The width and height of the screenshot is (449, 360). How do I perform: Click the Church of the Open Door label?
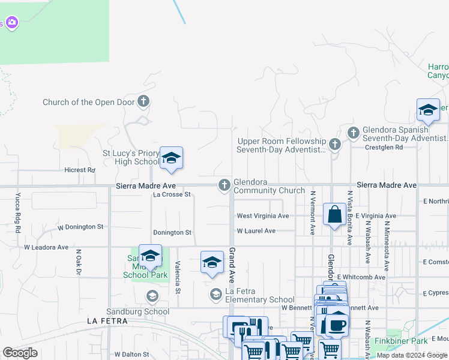tap(88, 102)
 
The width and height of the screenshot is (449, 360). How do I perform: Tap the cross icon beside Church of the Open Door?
tap(143, 101)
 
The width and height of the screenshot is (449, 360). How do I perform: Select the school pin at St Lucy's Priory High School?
tap(171, 158)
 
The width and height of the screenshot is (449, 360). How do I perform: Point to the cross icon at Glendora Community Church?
tap(224, 185)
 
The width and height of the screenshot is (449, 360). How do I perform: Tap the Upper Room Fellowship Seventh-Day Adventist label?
tap(281, 145)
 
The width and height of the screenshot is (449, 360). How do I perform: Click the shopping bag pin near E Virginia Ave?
tap(334, 214)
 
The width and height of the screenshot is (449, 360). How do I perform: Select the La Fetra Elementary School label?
tap(259, 299)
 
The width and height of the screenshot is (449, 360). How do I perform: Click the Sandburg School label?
tap(129, 312)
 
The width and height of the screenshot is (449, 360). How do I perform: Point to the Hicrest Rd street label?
tap(80, 170)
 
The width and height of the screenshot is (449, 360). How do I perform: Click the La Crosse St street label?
tap(172, 194)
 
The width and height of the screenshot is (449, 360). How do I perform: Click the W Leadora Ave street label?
tap(46, 247)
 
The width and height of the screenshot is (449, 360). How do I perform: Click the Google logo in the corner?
tap(20, 353)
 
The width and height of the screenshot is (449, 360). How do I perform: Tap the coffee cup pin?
tap(337, 323)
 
